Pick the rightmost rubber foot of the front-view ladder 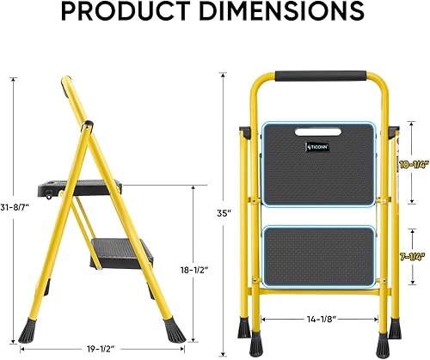pos(395,328)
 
